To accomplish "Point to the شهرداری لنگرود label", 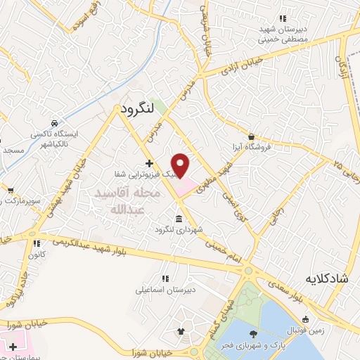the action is tap(179, 230).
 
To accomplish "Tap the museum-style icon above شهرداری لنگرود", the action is tap(179, 218).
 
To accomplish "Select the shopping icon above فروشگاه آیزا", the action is tap(252, 136).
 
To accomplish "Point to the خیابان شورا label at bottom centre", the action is tap(151, 351).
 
